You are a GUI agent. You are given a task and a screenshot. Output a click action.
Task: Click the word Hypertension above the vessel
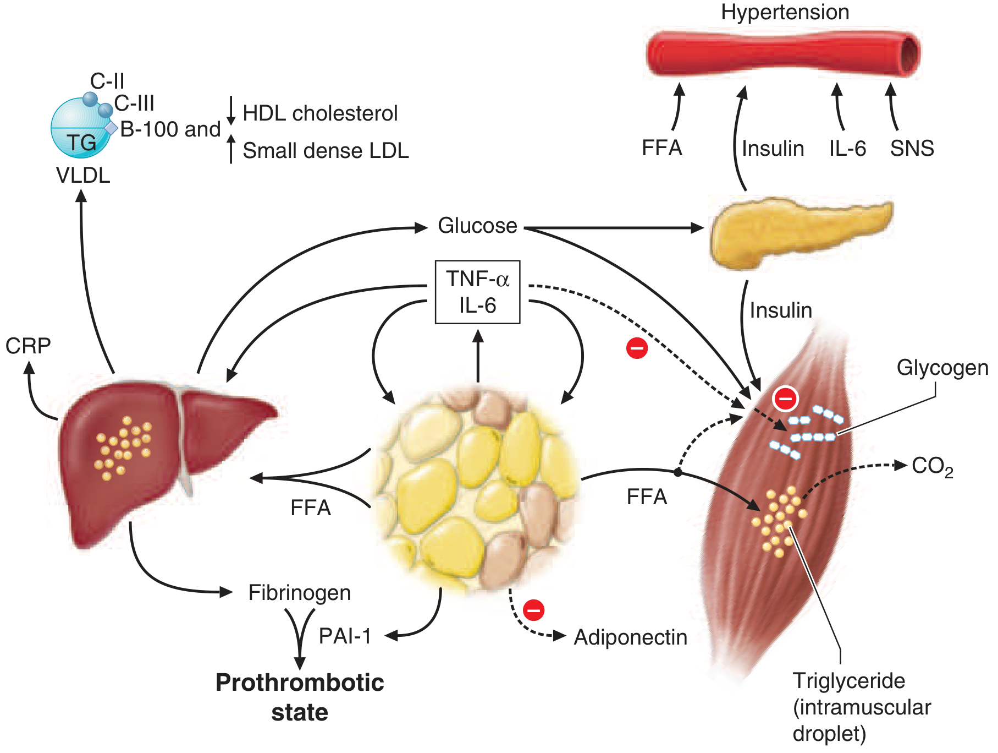coord(785,12)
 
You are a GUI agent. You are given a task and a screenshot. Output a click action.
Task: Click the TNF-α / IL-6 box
coord(477,292)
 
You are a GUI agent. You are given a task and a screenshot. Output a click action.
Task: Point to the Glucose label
coord(477,226)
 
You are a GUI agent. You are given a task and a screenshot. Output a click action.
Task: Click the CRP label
coord(28,346)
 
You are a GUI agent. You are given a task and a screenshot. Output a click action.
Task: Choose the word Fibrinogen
coord(300,593)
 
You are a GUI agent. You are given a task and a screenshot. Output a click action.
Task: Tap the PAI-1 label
coord(345,636)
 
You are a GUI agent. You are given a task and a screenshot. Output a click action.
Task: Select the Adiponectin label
coord(631,637)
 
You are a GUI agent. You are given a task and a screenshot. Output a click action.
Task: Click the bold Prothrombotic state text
coord(300,697)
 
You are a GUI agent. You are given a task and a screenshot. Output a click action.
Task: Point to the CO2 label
coord(931,467)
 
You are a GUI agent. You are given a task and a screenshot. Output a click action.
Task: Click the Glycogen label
coord(942,368)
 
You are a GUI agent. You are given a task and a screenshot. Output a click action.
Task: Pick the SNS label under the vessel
coord(912,149)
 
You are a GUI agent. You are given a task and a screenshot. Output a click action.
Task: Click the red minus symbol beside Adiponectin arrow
coord(533,610)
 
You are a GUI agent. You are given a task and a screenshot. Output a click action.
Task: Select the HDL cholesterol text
coord(320,113)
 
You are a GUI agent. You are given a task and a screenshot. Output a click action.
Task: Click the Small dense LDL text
coord(326,151)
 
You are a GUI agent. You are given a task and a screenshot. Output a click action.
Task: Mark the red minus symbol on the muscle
coord(785,399)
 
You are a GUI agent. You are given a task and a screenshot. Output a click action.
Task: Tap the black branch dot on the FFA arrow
coord(677,472)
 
